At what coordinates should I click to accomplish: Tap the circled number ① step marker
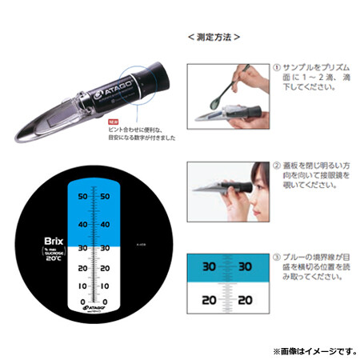tap(277, 68)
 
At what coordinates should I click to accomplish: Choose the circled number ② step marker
tap(277, 165)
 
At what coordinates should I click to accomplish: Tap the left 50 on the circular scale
tap(81, 194)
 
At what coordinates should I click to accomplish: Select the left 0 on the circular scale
tap(83, 302)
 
